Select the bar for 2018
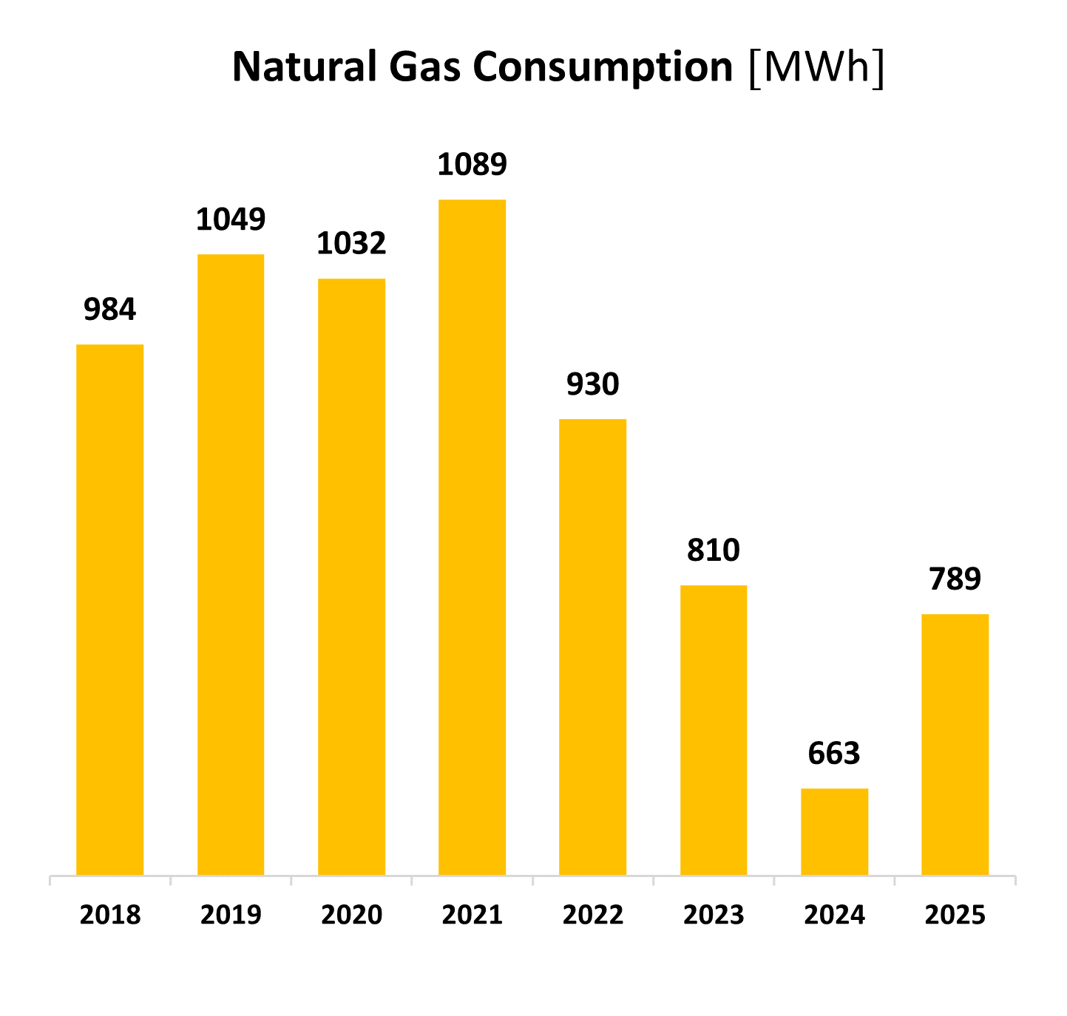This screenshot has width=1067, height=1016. coord(110,610)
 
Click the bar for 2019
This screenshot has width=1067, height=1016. coord(231,565)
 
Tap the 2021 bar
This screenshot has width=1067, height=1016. coord(472,537)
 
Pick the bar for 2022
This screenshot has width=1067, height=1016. coord(593,647)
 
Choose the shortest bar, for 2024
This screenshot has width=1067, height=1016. coord(835,832)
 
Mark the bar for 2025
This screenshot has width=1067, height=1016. coord(955,745)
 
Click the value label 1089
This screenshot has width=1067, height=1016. coord(472,164)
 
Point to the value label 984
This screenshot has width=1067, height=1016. coord(110,309)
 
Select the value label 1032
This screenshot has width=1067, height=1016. coord(351,243)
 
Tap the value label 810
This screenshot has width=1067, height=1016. coord(714,550)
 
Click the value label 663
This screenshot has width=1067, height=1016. coord(834,754)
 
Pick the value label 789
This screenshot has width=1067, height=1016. coord(955,579)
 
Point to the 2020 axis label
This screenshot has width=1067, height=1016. coord(352,915)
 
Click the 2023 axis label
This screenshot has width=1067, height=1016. coord(714,915)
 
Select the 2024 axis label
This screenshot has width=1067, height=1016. coord(835,915)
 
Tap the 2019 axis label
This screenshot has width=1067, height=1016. coord(231,915)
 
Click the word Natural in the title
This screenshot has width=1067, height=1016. coord(305,67)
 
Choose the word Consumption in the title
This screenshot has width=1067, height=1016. coord(603,68)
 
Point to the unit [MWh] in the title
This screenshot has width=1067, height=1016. coord(816,68)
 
